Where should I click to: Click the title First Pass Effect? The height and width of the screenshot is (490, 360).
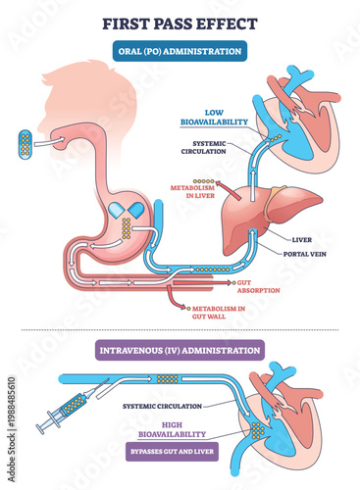[x=180, y=21]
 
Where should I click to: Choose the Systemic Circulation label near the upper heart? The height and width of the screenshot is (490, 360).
[x=212, y=149]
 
